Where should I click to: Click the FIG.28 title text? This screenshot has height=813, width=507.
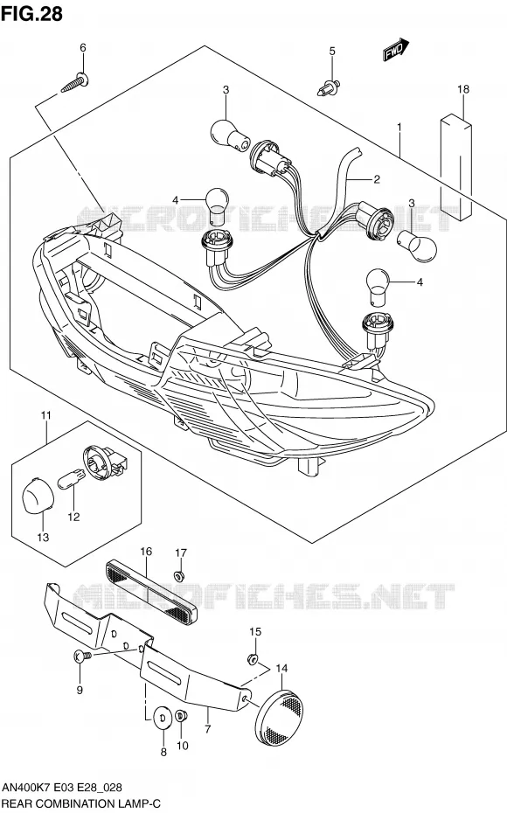pos(31,13)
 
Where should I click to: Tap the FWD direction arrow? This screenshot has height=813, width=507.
pos(397,51)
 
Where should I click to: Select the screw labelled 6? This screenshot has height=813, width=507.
pos(74,83)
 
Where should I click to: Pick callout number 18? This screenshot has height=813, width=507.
pos(463,89)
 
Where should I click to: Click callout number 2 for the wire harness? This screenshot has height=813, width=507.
pos(377,179)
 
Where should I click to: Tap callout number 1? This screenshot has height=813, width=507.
pos(399,127)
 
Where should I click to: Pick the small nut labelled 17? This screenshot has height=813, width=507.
pos(180,575)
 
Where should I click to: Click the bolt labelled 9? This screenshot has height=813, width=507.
pos(82,656)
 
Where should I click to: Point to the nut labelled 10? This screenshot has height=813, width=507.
pos(182,716)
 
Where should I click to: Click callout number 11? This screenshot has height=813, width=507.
pos(46,415)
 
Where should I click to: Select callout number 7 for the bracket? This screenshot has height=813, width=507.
pos(208,730)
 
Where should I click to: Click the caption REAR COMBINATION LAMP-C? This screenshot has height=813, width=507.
pos(81,804)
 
